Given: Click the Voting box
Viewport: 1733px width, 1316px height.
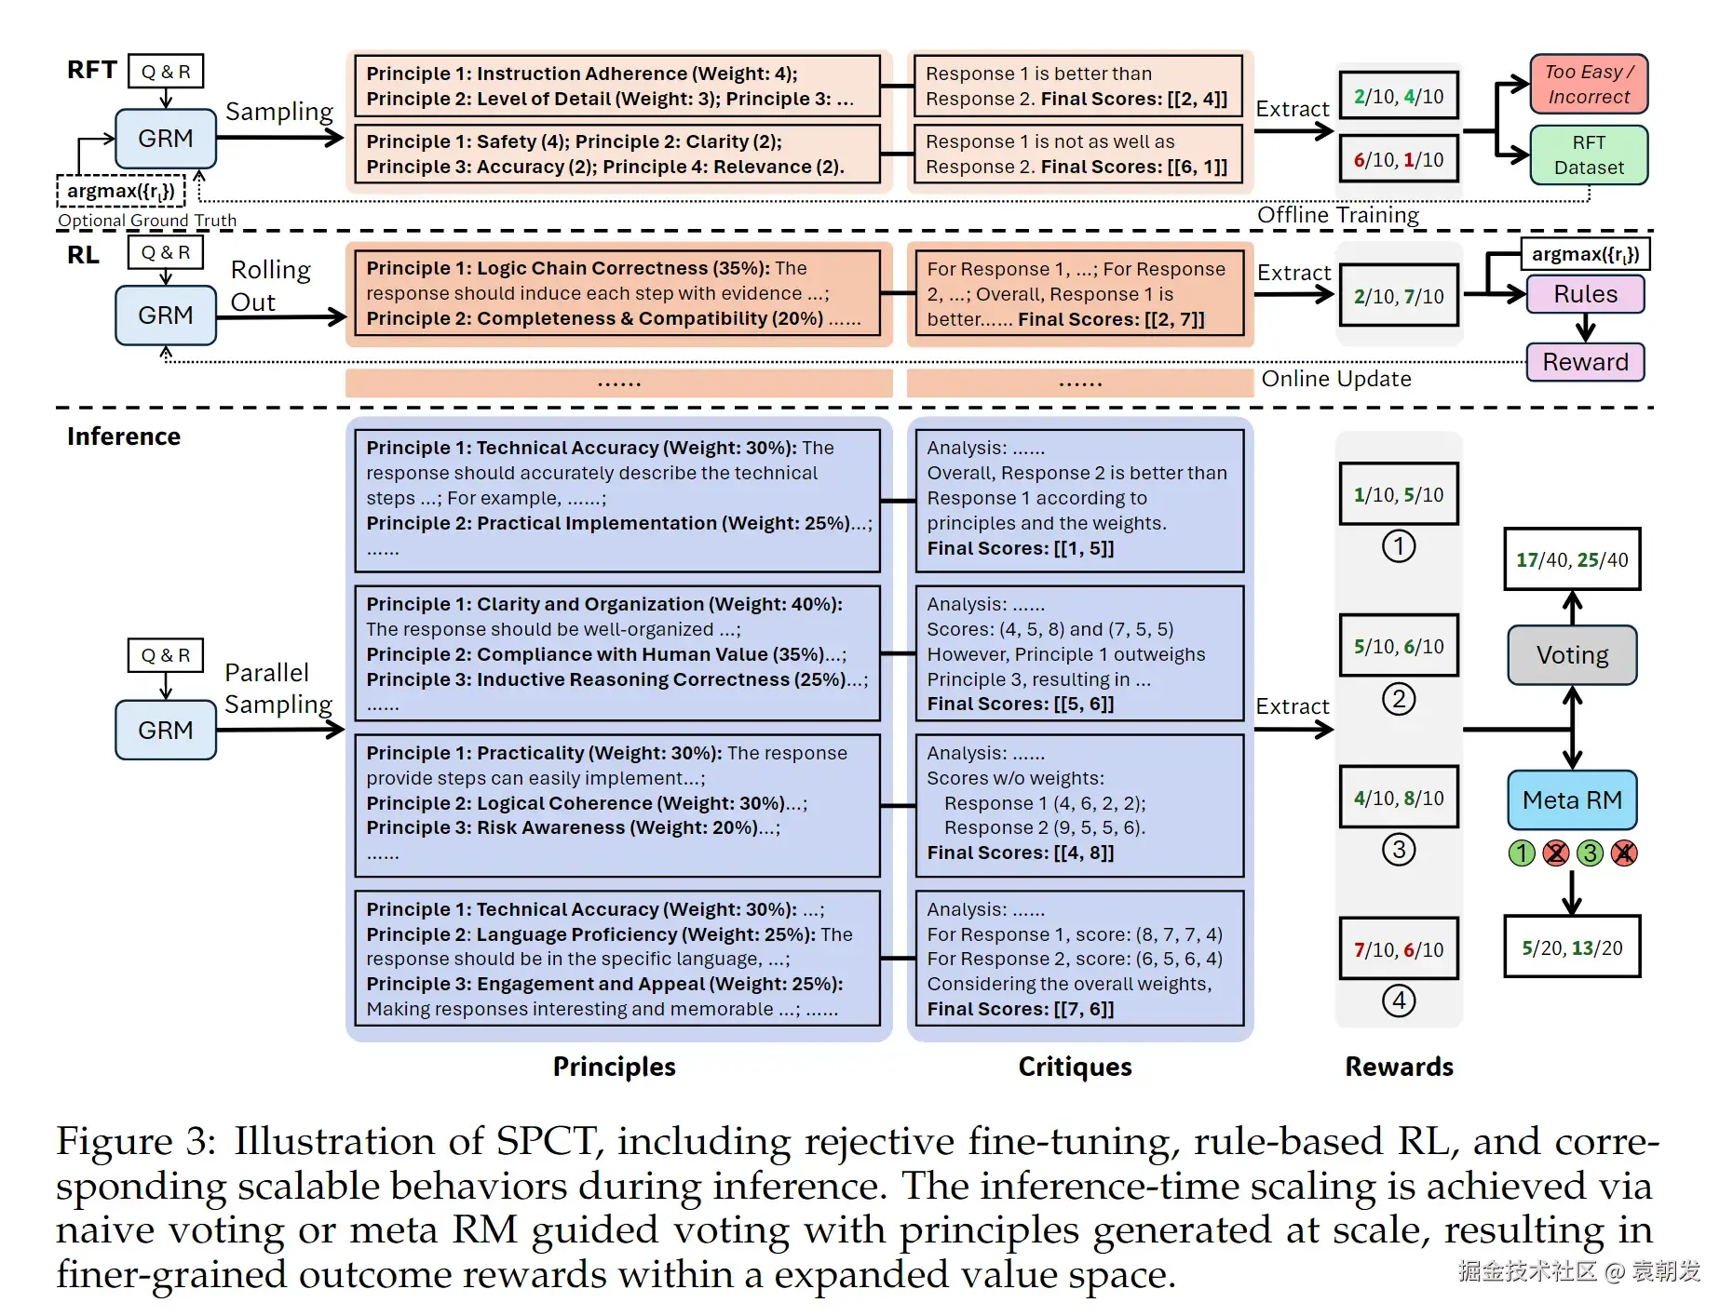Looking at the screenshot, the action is [x=1572, y=655].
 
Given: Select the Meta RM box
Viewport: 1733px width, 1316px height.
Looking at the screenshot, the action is [x=1572, y=799].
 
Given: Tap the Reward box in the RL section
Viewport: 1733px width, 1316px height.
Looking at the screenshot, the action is [x=1585, y=362].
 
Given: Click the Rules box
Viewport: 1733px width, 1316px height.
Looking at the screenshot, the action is [x=1585, y=294].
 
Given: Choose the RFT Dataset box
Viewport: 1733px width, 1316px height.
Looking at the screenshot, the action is [x=1589, y=154].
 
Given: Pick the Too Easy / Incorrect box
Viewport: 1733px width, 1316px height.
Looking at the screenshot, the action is [x=1589, y=84].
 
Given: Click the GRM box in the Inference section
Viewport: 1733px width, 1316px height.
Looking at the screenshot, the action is [x=166, y=730].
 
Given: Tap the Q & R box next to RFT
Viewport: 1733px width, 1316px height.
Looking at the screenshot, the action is [x=166, y=71].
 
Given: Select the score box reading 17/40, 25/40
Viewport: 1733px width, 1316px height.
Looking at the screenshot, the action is [x=1572, y=559].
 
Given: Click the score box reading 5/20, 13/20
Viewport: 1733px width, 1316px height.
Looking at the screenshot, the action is [x=1572, y=947].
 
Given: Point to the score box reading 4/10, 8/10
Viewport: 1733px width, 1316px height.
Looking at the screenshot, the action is [x=1399, y=798].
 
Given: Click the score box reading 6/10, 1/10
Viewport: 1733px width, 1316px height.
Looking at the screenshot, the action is [x=1399, y=159].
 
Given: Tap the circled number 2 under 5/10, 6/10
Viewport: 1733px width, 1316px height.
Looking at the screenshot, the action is [x=1399, y=698].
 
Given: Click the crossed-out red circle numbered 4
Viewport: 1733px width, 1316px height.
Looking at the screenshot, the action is [x=1624, y=853].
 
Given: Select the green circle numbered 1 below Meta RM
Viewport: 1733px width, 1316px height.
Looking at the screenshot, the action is [x=1522, y=853].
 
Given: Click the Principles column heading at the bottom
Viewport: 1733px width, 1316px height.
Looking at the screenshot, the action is [x=615, y=1067].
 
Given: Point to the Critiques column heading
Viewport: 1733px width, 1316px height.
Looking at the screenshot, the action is [x=1075, y=1067].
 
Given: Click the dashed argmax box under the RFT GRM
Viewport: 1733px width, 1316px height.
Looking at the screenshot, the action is [x=121, y=191].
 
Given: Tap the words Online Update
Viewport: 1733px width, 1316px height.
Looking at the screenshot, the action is [x=1336, y=379].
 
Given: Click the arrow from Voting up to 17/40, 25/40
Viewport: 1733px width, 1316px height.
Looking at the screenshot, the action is [x=1572, y=608].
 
